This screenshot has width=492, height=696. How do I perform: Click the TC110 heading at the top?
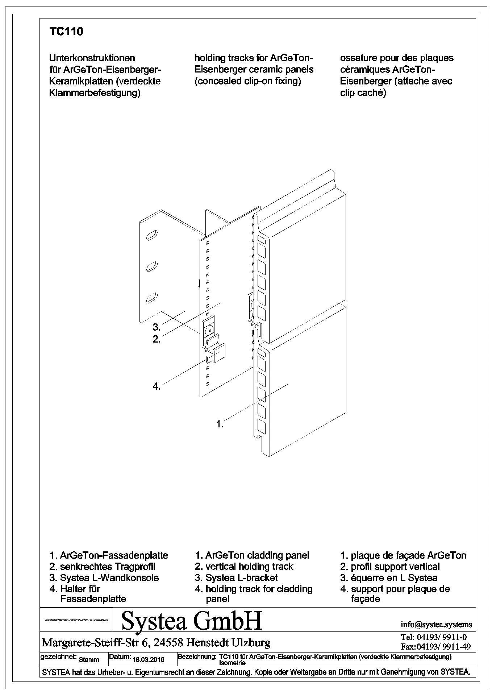click(66, 32)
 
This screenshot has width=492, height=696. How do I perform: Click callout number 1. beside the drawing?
click(220, 423)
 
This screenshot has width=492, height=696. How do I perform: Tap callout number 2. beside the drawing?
click(157, 340)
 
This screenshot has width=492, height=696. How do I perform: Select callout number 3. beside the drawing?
click(157, 327)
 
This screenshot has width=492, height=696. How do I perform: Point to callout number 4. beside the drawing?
click(157, 386)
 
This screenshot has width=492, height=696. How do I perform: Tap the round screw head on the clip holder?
click(209, 331)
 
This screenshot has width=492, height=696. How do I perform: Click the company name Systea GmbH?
click(192, 621)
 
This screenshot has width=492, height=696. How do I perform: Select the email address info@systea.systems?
click(436, 624)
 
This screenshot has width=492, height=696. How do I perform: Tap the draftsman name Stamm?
click(88, 659)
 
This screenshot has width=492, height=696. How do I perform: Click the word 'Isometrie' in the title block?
click(232, 663)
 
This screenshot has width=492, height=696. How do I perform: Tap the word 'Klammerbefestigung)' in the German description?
click(95, 93)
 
